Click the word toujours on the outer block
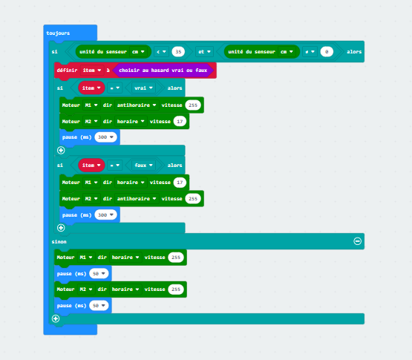click(58, 33)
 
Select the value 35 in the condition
click(178, 52)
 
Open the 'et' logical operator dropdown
click(204, 52)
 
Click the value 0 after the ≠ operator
click(327, 52)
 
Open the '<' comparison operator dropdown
click(161, 52)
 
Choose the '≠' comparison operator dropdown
click(310, 52)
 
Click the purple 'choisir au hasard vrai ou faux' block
click(163, 71)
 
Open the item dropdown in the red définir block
click(92, 71)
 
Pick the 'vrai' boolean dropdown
click(143, 88)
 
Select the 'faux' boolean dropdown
click(143, 166)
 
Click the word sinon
click(59, 242)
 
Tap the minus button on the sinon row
click(357, 241)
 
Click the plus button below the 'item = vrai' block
click(61, 150)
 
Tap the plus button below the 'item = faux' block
click(61, 228)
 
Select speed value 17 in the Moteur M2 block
click(180, 122)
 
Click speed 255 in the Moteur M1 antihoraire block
click(193, 105)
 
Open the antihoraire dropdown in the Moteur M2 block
click(137, 199)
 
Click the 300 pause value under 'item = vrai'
click(105, 137)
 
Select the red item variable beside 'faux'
click(91, 166)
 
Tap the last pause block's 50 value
click(99, 306)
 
